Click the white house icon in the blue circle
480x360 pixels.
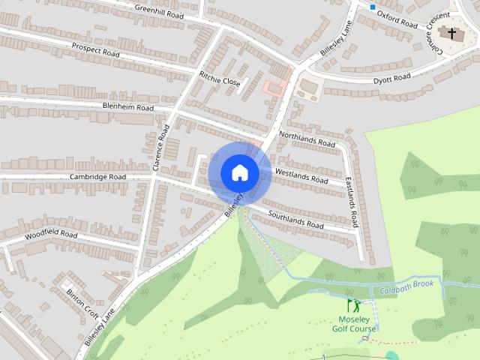(240, 172)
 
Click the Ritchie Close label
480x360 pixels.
(219, 76)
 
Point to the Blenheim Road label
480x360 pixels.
(127, 107)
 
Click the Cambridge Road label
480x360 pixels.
(100, 177)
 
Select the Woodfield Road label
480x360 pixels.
(51, 235)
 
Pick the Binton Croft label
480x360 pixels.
(81, 300)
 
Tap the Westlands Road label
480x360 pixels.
(301, 177)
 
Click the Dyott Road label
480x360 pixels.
(391, 79)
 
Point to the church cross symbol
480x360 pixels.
(451, 32)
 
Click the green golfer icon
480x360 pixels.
(353, 305)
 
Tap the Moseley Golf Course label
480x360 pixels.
(354, 323)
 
